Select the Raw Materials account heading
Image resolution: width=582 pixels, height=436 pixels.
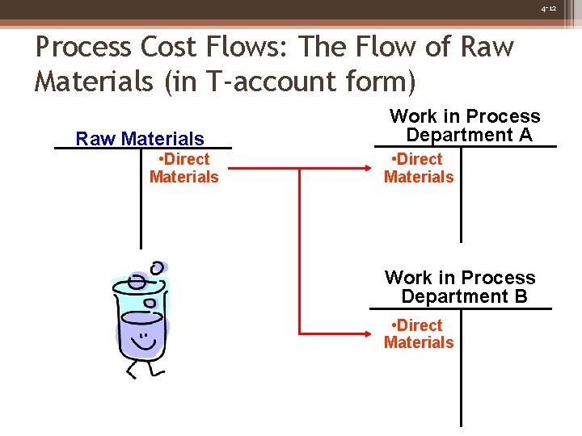point(140,139)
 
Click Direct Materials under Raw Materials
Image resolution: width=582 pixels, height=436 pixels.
point(183,168)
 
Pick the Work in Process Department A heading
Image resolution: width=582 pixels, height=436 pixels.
point(465,125)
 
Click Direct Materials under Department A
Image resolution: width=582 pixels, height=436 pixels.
point(419,168)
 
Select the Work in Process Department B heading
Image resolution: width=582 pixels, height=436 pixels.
point(461,287)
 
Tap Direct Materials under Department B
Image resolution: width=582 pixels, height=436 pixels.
point(419,333)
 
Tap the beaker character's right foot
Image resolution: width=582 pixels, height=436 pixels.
point(158,372)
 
